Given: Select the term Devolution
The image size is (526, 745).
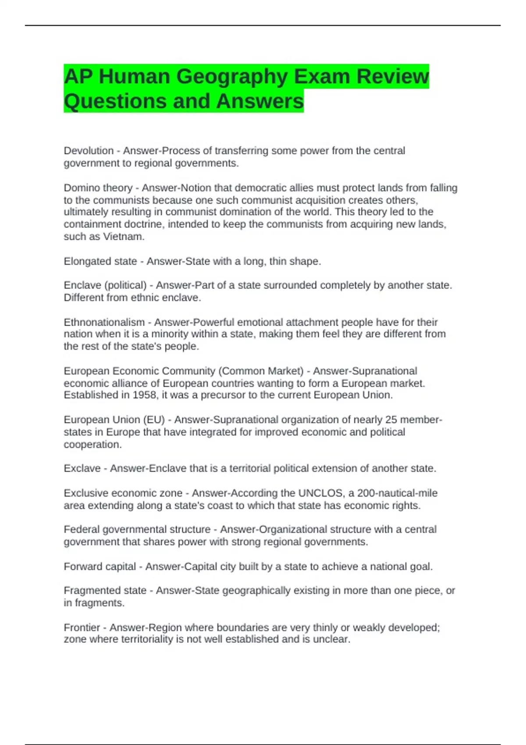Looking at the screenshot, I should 89,151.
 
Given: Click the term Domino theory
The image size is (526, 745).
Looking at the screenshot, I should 98,188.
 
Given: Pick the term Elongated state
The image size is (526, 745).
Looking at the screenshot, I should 100,262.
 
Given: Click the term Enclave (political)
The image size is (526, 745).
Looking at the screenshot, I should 105,285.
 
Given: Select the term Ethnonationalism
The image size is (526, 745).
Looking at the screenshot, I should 104,323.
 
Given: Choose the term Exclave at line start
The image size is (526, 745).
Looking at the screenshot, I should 82,468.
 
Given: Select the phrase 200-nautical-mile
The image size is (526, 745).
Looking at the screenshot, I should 397,493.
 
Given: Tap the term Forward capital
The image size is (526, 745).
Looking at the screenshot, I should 100,567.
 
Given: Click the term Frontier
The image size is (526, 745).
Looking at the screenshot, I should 82,628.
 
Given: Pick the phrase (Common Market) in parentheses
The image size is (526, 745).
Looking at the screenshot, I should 261,371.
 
